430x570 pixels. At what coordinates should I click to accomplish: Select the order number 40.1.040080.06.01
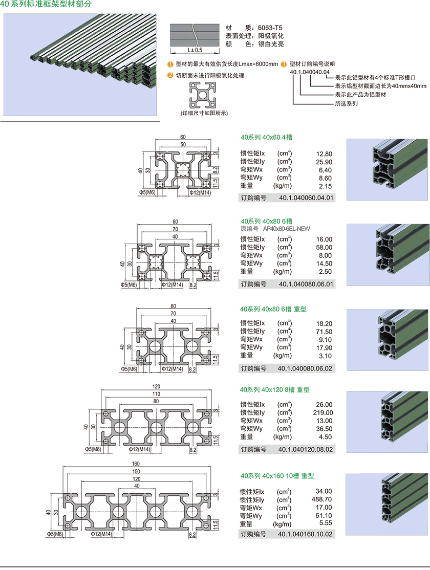click(x=306, y=284)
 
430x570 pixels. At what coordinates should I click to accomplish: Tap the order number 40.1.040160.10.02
click(x=306, y=534)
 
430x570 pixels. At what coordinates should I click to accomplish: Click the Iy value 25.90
click(x=324, y=162)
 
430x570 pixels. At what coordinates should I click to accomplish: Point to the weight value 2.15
click(x=325, y=186)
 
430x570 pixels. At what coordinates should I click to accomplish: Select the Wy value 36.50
click(x=324, y=429)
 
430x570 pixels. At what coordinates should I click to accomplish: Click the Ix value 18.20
click(x=324, y=323)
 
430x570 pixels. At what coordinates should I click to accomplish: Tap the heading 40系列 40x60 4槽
click(x=267, y=137)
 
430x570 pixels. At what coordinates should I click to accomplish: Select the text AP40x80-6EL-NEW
click(x=287, y=229)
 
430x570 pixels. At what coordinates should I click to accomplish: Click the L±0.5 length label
click(x=195, y=50)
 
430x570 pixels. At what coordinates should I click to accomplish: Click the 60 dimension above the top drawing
click(x=183, y=137)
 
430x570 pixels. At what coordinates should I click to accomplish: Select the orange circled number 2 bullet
click(x=170, y=75)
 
